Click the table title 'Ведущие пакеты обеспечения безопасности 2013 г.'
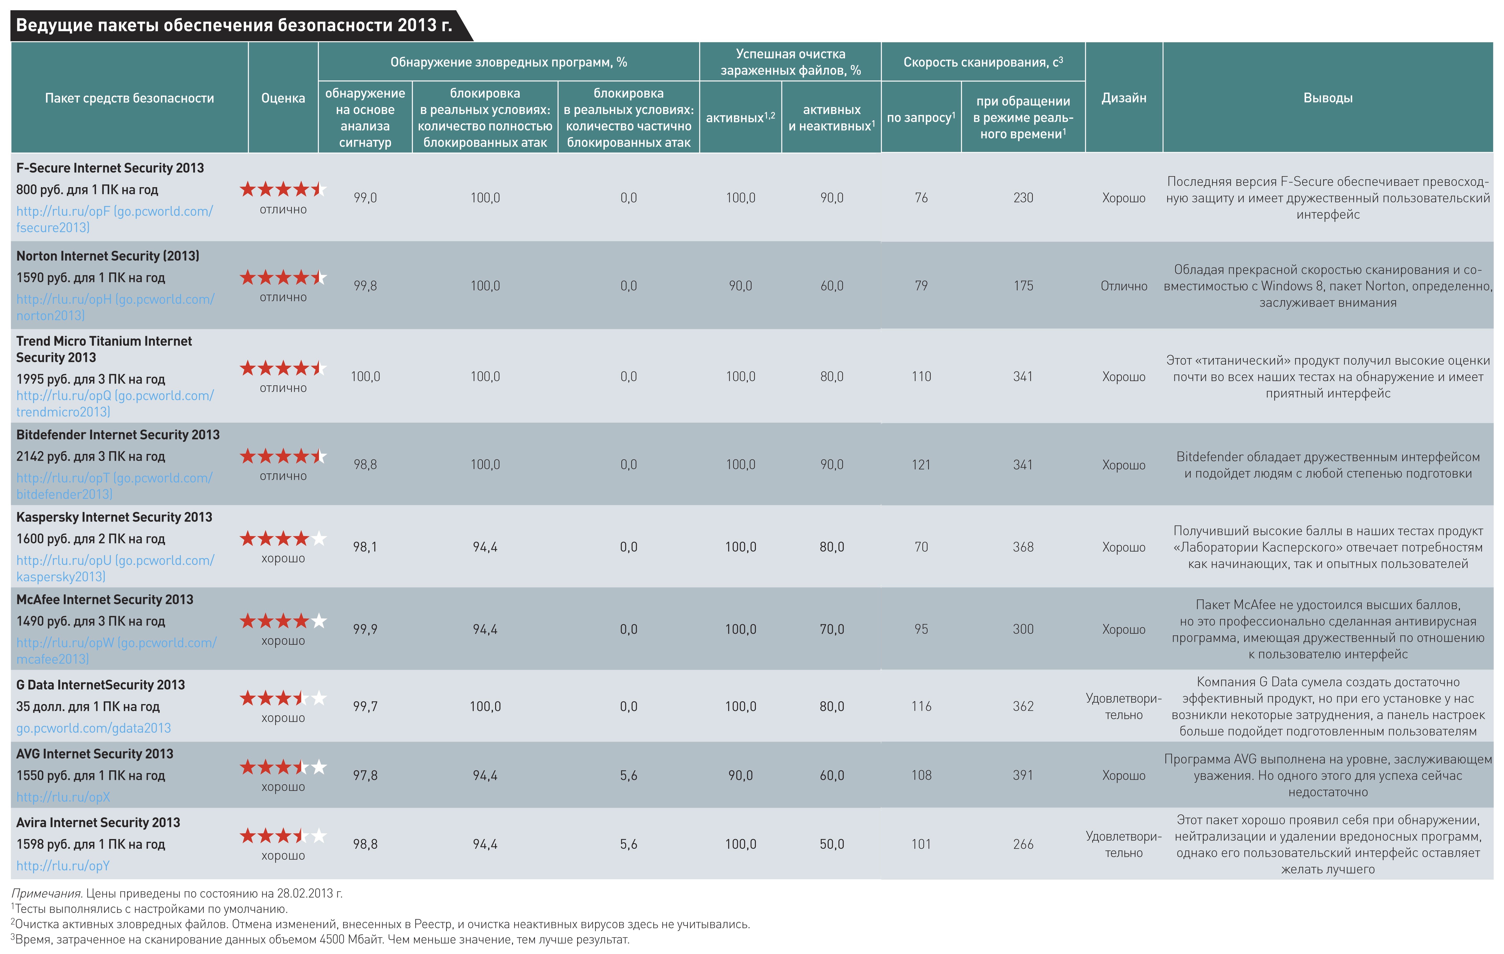pyautogui.click(x=234, y=26)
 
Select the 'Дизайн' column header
pyautogui.click(x=1124, y=98)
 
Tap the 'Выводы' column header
pyautogui.click(x=1328, y=98)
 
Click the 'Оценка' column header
pyautogui.click(x=283, y=98)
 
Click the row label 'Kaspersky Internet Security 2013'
pyautogui.click(x=114, y=517)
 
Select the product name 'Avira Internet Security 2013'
pyautogui.click(x=98, y=823)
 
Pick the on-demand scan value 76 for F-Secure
pyautogui.click(x=921, y=198)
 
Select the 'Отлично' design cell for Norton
pyautogui.click(x=1124, y=286)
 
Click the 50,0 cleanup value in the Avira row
pyautogui.click(x=832, y=845)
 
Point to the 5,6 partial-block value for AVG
pyautogui.click(x=628, y=775)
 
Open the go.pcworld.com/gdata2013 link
pyautogui.click(x=94, y=728)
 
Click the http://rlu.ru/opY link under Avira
pyautogui.click(x=63, y=866)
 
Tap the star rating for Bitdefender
pyautogui.click(x=283, y=457)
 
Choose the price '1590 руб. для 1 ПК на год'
pyautogui.click(x=91, y=278)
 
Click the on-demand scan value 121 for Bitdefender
pyautogui.click(x=921, y=465)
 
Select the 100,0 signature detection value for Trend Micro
pyautogui.click(x=365, y=377)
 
